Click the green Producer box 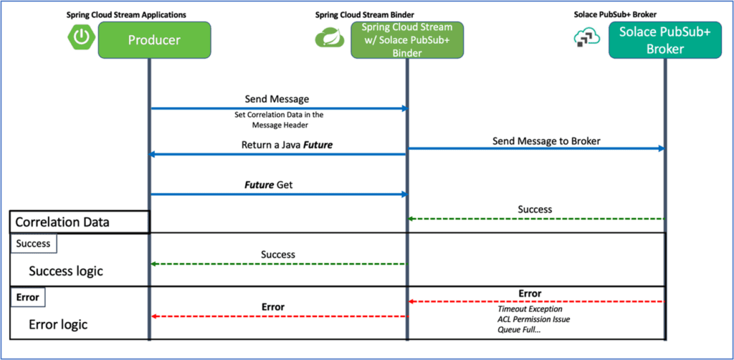point(154,40)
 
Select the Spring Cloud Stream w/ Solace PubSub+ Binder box point(406,39)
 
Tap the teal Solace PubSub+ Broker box point(664,40)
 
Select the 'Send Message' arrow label point(278,98)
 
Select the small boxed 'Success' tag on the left point(34,243)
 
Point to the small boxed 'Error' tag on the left point(27,296)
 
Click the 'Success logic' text point(66,271)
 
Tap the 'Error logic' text point(58,324)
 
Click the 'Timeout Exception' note point(530,308)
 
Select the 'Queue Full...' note point(520,329)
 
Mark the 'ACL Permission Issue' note point(534,318)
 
